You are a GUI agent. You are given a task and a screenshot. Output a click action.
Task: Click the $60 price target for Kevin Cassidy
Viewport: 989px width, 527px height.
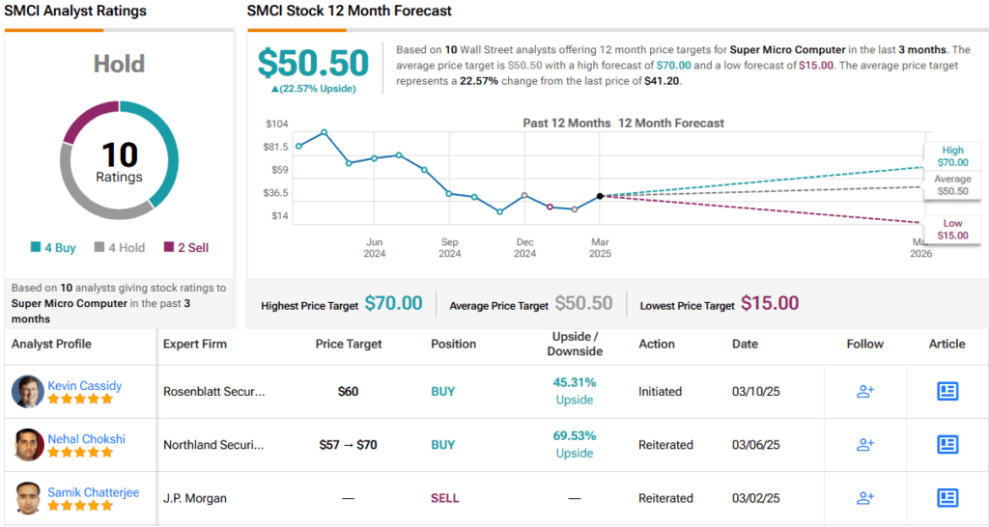tap(348, 392)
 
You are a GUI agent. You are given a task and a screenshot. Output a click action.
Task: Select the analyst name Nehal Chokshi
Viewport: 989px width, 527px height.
tap(86, 439)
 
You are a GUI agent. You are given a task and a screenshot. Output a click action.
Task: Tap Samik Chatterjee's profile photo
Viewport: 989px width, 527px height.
tap(28, 498)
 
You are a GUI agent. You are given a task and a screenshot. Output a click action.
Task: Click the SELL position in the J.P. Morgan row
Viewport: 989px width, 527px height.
tap(445, 498)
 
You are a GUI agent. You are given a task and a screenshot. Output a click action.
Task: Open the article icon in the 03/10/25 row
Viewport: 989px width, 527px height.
tap(947, 391)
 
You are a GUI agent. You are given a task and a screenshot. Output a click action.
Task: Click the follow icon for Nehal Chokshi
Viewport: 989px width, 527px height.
tap(865, 445)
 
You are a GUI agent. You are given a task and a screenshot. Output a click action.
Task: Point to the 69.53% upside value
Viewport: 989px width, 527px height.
tap(575, 436)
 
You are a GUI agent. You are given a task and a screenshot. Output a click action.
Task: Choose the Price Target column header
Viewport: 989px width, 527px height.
tap(349, 344)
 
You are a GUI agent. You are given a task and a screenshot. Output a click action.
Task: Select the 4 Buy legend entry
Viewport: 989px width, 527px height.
tap(53, 248)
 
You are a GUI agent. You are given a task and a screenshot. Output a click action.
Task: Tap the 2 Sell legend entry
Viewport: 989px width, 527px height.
tap(186, 248)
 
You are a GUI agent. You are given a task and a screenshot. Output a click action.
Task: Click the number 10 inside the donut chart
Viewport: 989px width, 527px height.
tap(120, 154)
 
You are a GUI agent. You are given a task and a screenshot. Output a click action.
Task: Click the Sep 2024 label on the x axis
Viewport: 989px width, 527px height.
tap(449, 248)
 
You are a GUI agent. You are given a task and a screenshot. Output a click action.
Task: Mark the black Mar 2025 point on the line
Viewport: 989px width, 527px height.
tap(600, 196)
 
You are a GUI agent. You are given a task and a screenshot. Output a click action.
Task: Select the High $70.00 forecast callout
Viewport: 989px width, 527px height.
tap(952, 156)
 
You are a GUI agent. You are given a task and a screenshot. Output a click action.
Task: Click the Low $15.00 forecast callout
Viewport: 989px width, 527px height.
tap(952, 230)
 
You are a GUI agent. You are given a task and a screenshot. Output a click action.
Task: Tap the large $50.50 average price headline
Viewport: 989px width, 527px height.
tap(313, 64)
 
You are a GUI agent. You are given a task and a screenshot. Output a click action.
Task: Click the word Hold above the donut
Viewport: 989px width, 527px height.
tap(119, 65)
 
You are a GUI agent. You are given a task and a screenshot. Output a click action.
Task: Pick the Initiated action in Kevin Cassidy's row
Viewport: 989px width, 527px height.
tap(660, 392)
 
